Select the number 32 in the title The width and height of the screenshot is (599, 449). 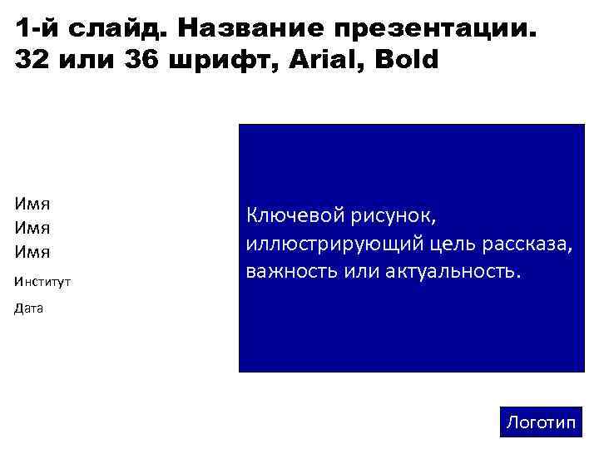tap(32, 62)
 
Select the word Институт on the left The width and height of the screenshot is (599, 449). tap(42, 282)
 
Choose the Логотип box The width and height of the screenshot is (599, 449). tap(541, 422)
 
